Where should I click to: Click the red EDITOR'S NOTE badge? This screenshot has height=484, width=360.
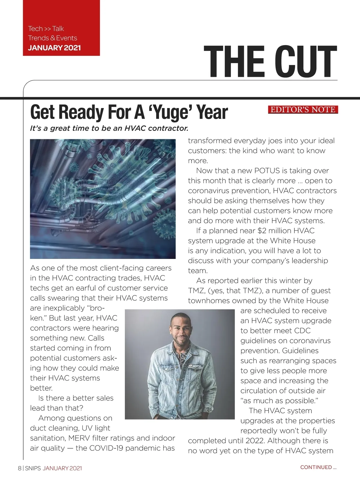pos(303,110)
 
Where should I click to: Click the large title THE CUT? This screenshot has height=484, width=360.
pos(270,62)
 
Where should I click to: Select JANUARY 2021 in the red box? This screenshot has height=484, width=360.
pos(54,48)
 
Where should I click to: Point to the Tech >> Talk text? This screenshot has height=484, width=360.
pos(46,29)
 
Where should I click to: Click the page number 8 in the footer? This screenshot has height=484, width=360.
pos(19,468)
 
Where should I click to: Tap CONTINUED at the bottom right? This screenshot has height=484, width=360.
pos(316,467)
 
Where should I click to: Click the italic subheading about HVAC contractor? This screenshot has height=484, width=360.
pos(109,128)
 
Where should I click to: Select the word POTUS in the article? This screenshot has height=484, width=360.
pos(267,171)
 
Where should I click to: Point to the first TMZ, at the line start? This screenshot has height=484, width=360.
pos(196,291)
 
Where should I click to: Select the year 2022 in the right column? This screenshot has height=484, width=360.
pos(256,441)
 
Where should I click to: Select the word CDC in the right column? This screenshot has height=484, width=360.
pos(302,331)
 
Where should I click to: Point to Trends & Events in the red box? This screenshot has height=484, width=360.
pos(52,38)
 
